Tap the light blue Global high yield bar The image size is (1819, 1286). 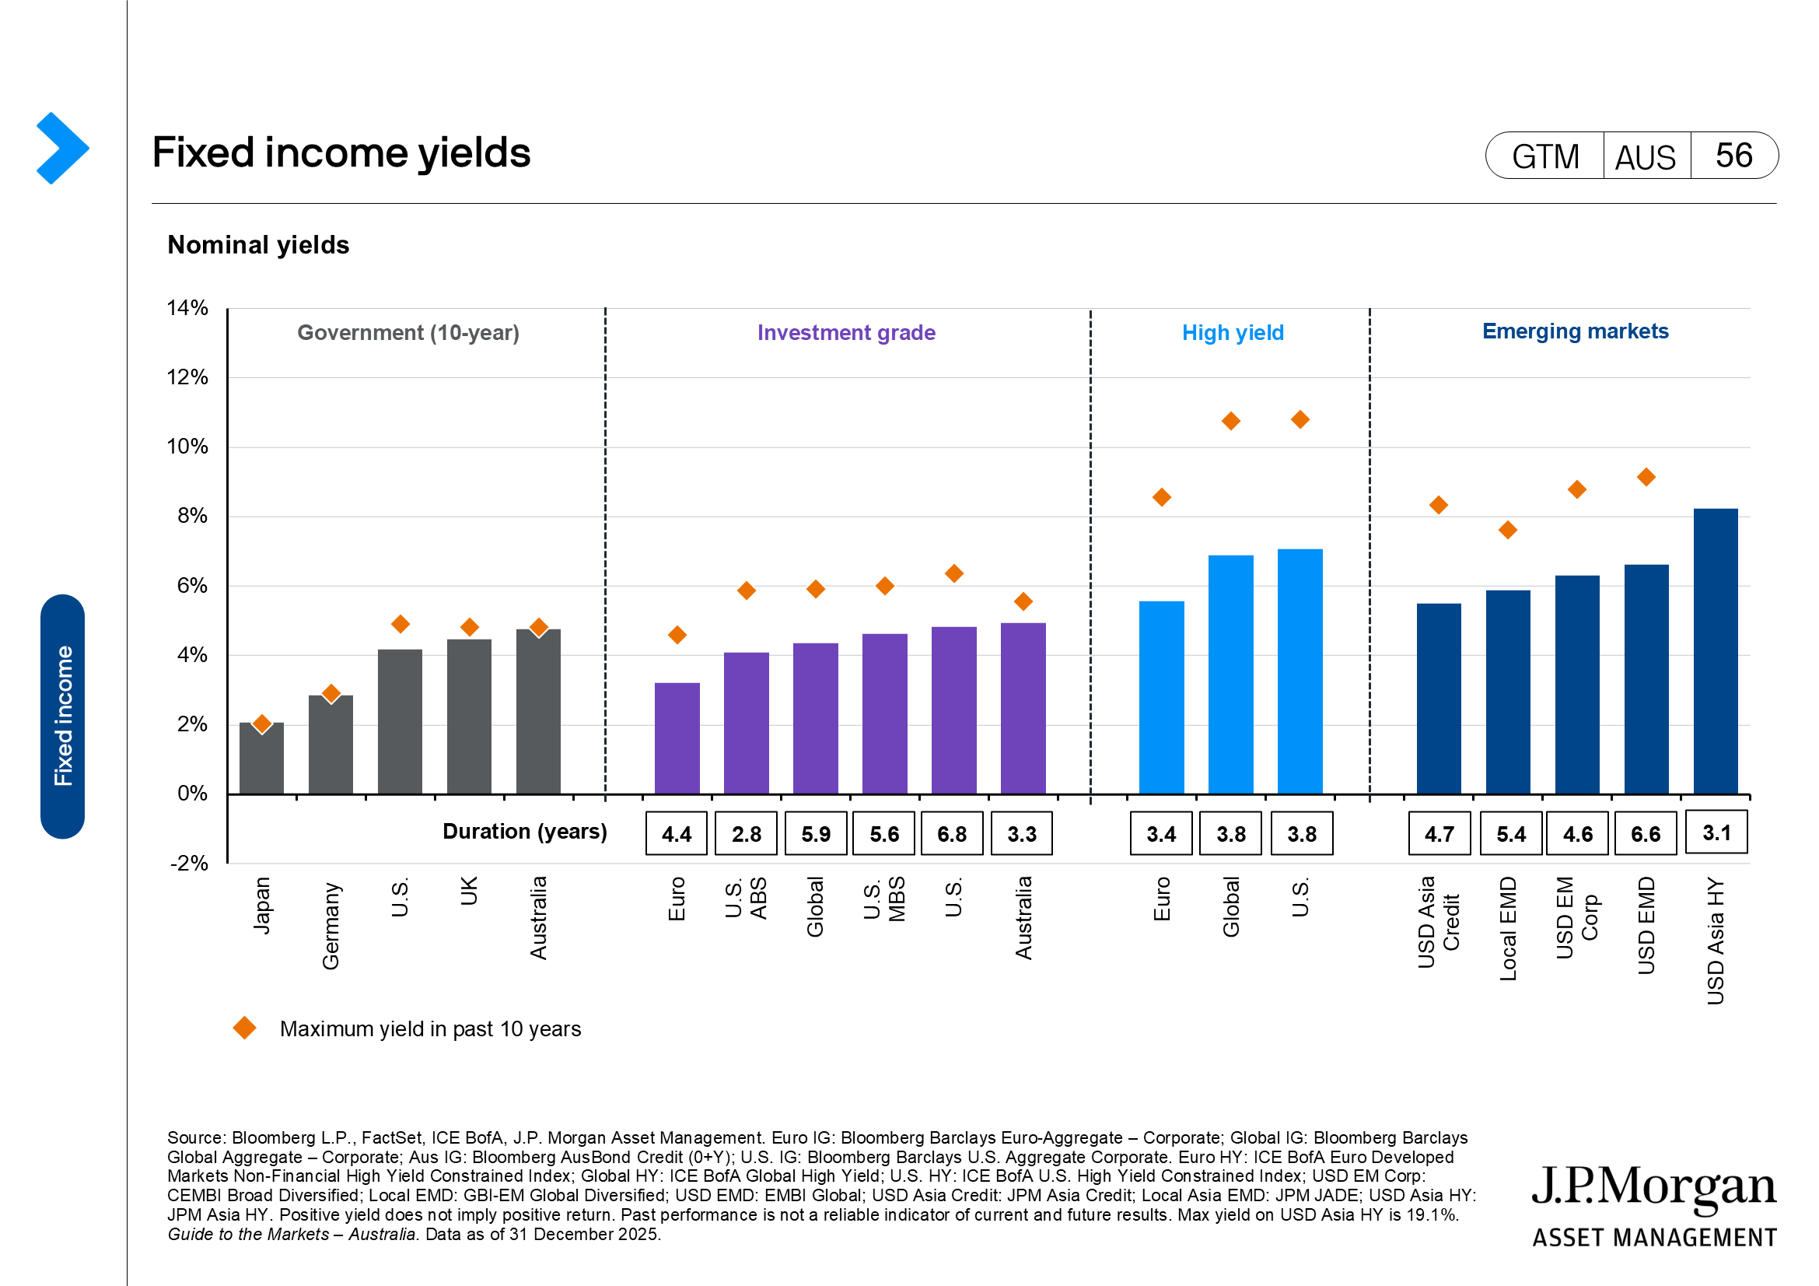click(x=1230, y=675)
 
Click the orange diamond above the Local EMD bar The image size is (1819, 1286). click(x=1508, y=530)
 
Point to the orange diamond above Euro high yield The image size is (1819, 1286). click(x=1161, y=498)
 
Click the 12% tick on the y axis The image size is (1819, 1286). click(x=187, y=377)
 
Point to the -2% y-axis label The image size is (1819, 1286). click(x=189, y=863)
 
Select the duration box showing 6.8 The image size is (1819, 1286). click(x=953, y=833)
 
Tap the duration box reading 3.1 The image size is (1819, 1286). click(x=1716, y=832)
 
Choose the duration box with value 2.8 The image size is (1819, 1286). click(x=746, y=833)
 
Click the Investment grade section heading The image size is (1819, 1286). click(x=846, y=333)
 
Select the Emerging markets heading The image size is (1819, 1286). click(x=1575, y=331)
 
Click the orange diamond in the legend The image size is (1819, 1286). click(x=245, y=1028)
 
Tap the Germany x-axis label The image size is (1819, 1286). click(x=331, y=926)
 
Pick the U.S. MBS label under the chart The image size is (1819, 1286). click(x=884, y=899)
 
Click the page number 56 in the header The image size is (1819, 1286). click(x=1733, y=156)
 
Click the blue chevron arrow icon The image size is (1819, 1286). click(x=61, y=148)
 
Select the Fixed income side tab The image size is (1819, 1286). click(x=62, y=716)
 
